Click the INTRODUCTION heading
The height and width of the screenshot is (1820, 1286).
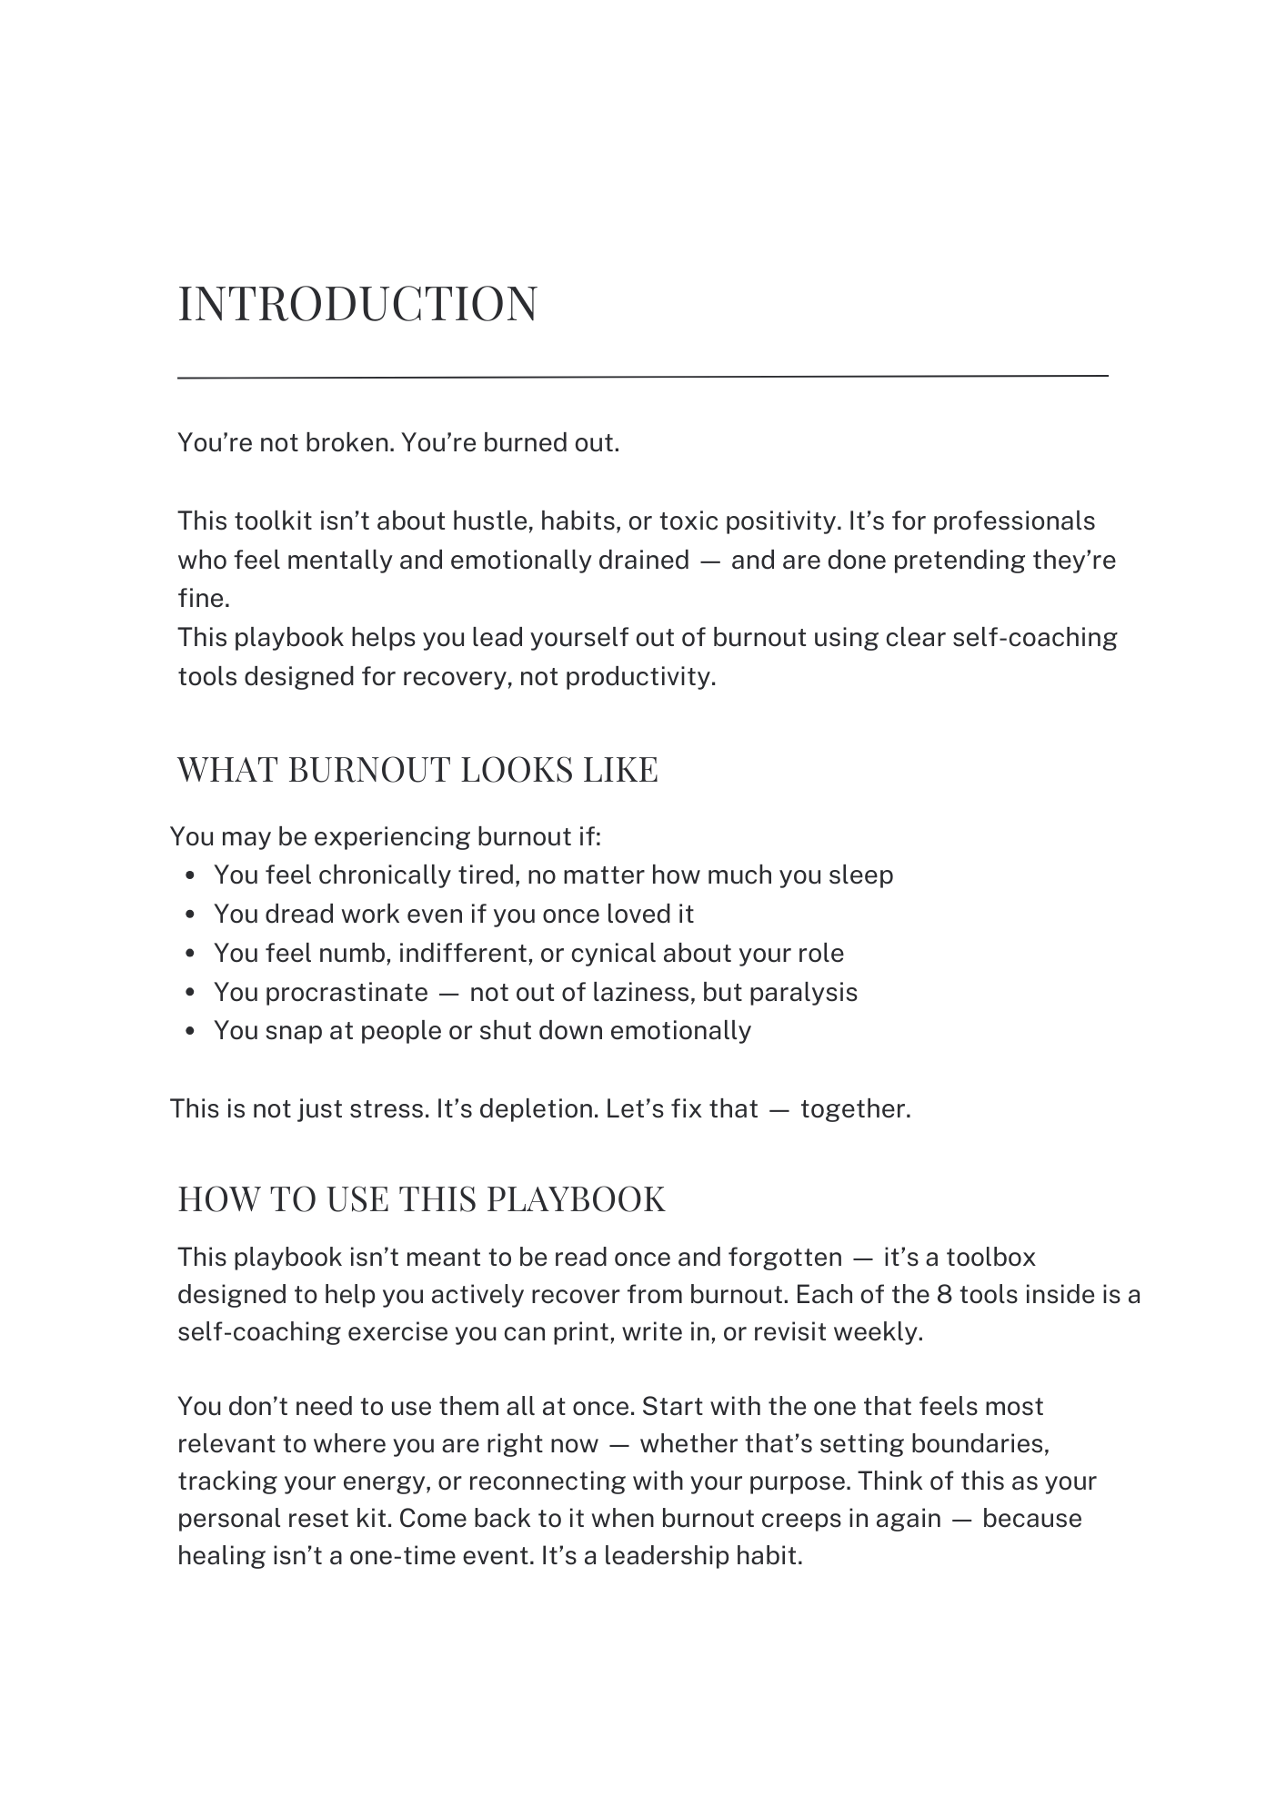pos(357,303)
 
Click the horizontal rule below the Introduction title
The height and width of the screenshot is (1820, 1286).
pos(642,376)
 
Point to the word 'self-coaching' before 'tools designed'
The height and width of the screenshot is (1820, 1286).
pos(1034,637)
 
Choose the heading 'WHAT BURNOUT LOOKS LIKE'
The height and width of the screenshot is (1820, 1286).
pos(417,770)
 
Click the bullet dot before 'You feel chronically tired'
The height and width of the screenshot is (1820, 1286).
pos(190,875)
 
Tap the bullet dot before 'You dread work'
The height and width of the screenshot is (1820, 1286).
pos(190,915)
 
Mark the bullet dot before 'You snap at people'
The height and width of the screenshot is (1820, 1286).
pos(190,1032)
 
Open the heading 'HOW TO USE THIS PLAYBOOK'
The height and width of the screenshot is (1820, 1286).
pos(421,1199)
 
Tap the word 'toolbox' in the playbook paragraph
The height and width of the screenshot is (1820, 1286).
pos(990,1258)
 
